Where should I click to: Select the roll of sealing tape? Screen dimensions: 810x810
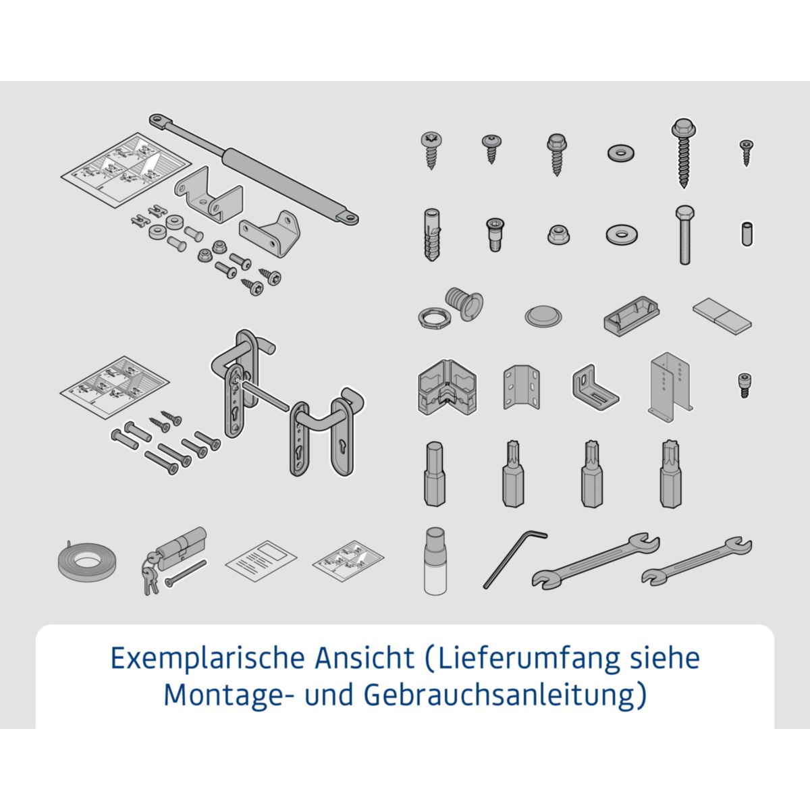pyautogui.click(x=85, y=562)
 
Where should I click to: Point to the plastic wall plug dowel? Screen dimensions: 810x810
pyautogui.click(x=431, y=234)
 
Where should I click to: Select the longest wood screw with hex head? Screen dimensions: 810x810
pyautogui.click(x=683, y=153)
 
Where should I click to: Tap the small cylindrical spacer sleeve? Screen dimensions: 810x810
pyautogui.click(x=746, y=234)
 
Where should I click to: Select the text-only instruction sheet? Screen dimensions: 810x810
pyautogui.click(x=261, y=560)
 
